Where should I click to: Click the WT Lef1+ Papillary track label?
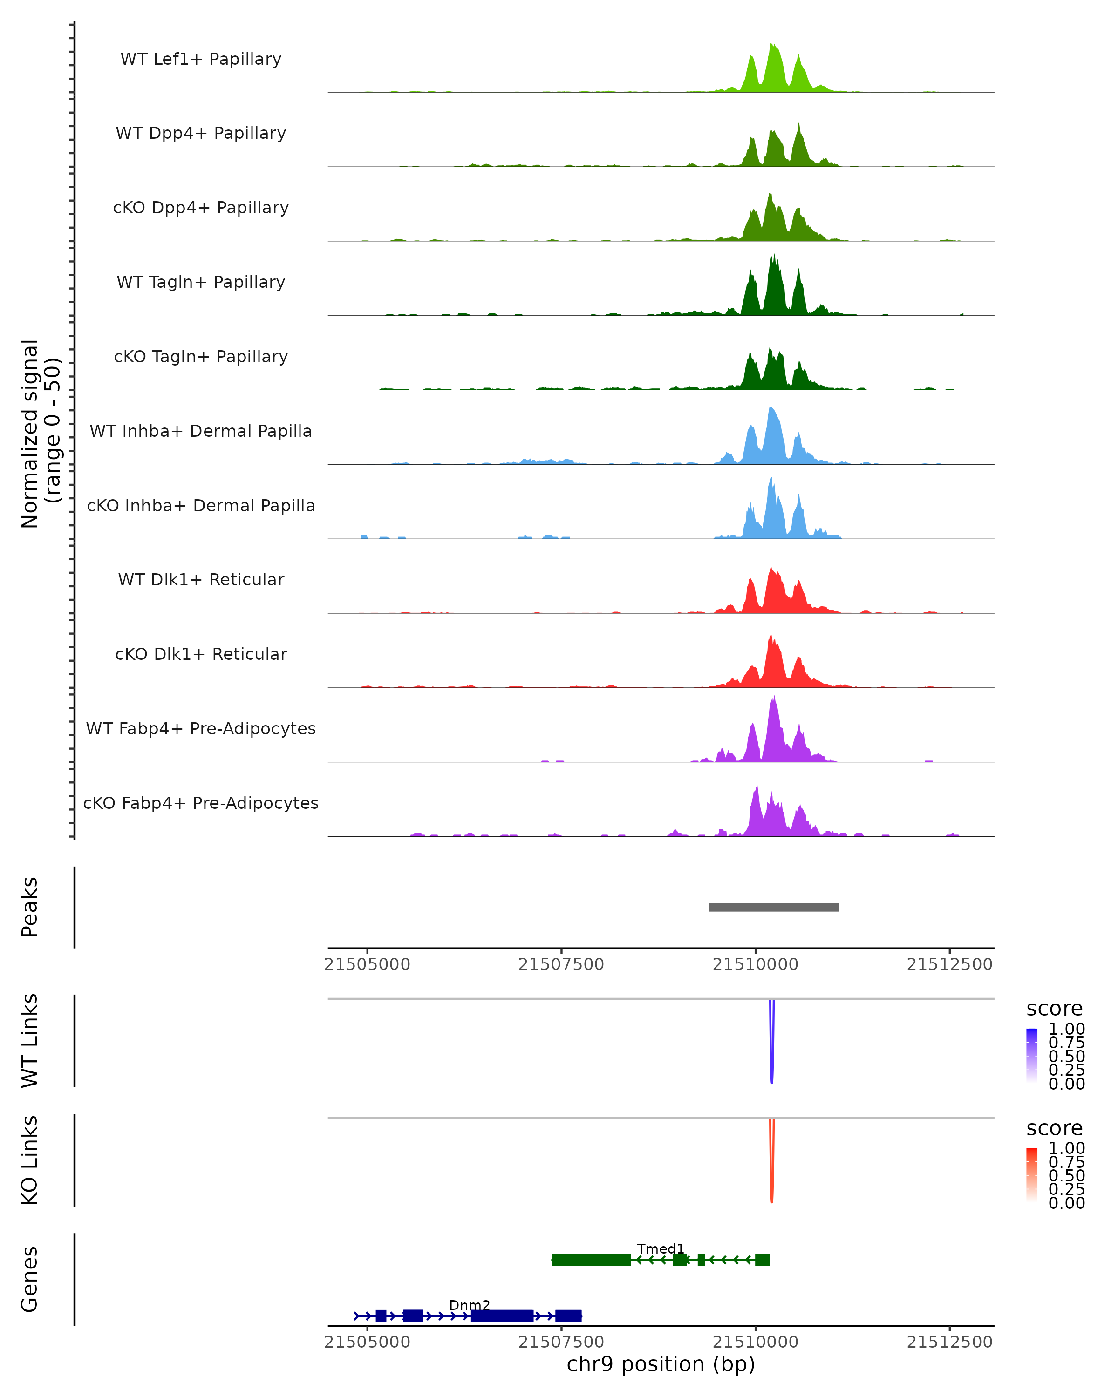click(x=201, y=59)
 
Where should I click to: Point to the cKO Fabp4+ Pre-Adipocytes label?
click(x=201, y=803)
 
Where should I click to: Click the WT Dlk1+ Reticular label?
click(x=201, y=579)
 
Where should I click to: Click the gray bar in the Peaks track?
click(x=773, y=907)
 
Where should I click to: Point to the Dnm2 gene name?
click(x=469, y=1305)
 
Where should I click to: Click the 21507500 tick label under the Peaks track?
click(x=561, y=964)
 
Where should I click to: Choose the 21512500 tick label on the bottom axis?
click(x=949, y=1343)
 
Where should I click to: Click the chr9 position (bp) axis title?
click(x=661, y=1364)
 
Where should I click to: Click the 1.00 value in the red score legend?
click(x=1067, y=1148)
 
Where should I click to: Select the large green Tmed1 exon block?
click(x=591, y=1260)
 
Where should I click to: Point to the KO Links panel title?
click(x=29, y=1160)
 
